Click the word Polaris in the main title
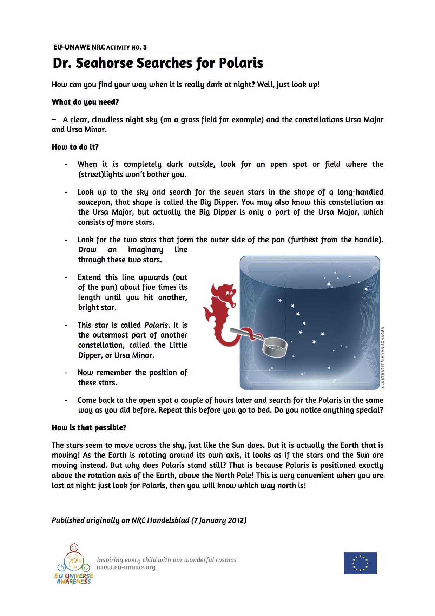point(241,63)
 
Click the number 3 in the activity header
point(145,47)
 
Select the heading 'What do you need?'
point(85,102)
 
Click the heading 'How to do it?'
point(75,147)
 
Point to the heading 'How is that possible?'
point(89,428)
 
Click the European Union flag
point(360,563)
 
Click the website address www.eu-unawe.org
point(126,568)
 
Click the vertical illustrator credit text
point(383,358)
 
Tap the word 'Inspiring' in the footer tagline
point(110,560)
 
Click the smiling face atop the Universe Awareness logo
point(74,547)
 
